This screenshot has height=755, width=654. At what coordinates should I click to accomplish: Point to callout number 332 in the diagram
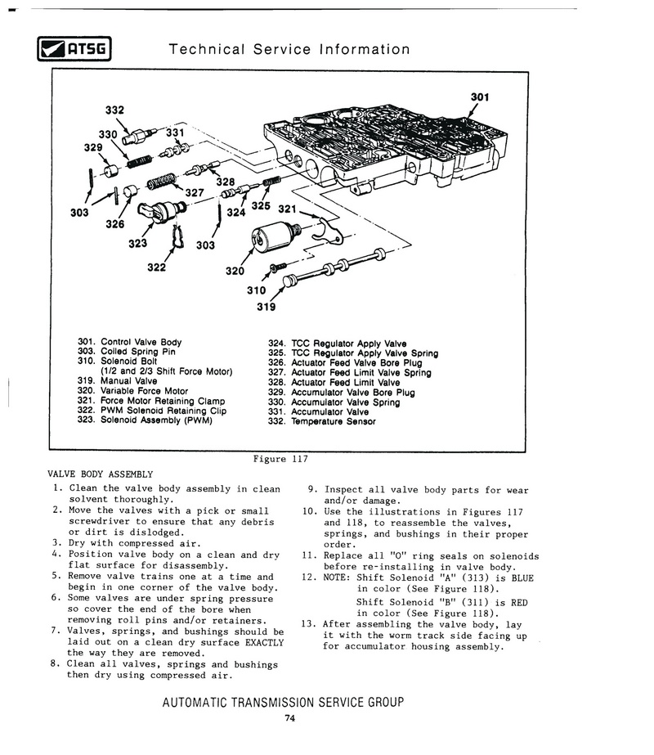(115, 109)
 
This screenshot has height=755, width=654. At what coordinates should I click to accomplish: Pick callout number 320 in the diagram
(235, 272)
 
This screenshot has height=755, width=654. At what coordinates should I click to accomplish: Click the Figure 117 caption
(283, 459)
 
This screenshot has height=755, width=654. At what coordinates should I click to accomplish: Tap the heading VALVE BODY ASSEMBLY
(101, 474)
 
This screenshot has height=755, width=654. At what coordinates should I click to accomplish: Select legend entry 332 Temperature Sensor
(322, 422)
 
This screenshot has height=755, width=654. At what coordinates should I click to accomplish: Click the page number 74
(289, 719)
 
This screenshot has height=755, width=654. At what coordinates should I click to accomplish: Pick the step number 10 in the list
(309, 511)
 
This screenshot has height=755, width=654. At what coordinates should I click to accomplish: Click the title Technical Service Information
(289, 50)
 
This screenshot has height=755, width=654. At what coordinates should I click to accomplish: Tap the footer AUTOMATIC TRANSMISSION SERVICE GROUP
(283, 702)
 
